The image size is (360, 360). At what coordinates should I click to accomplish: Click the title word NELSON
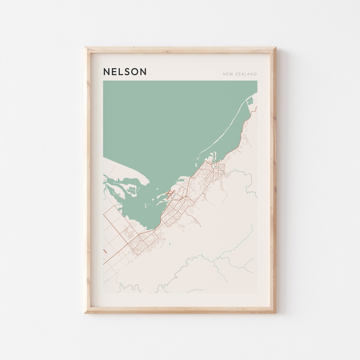coord(125,72)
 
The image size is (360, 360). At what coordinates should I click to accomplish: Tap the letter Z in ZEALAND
coord(237,74)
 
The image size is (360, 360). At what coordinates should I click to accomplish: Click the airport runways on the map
coord(171,192)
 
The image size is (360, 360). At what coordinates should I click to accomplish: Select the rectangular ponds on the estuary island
coord(133,191)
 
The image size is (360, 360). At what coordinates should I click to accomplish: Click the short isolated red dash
coord(105,251)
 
